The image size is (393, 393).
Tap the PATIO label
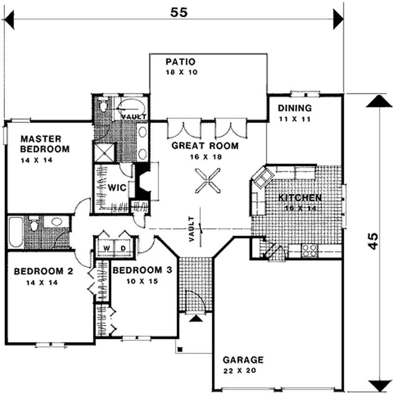181,62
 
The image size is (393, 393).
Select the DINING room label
294,109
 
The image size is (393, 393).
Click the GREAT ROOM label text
205,146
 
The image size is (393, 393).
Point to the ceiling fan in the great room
205,180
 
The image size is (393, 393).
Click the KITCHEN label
300,198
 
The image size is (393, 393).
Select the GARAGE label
243,360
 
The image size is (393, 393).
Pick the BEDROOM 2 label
40,271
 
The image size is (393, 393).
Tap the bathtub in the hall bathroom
15,232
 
